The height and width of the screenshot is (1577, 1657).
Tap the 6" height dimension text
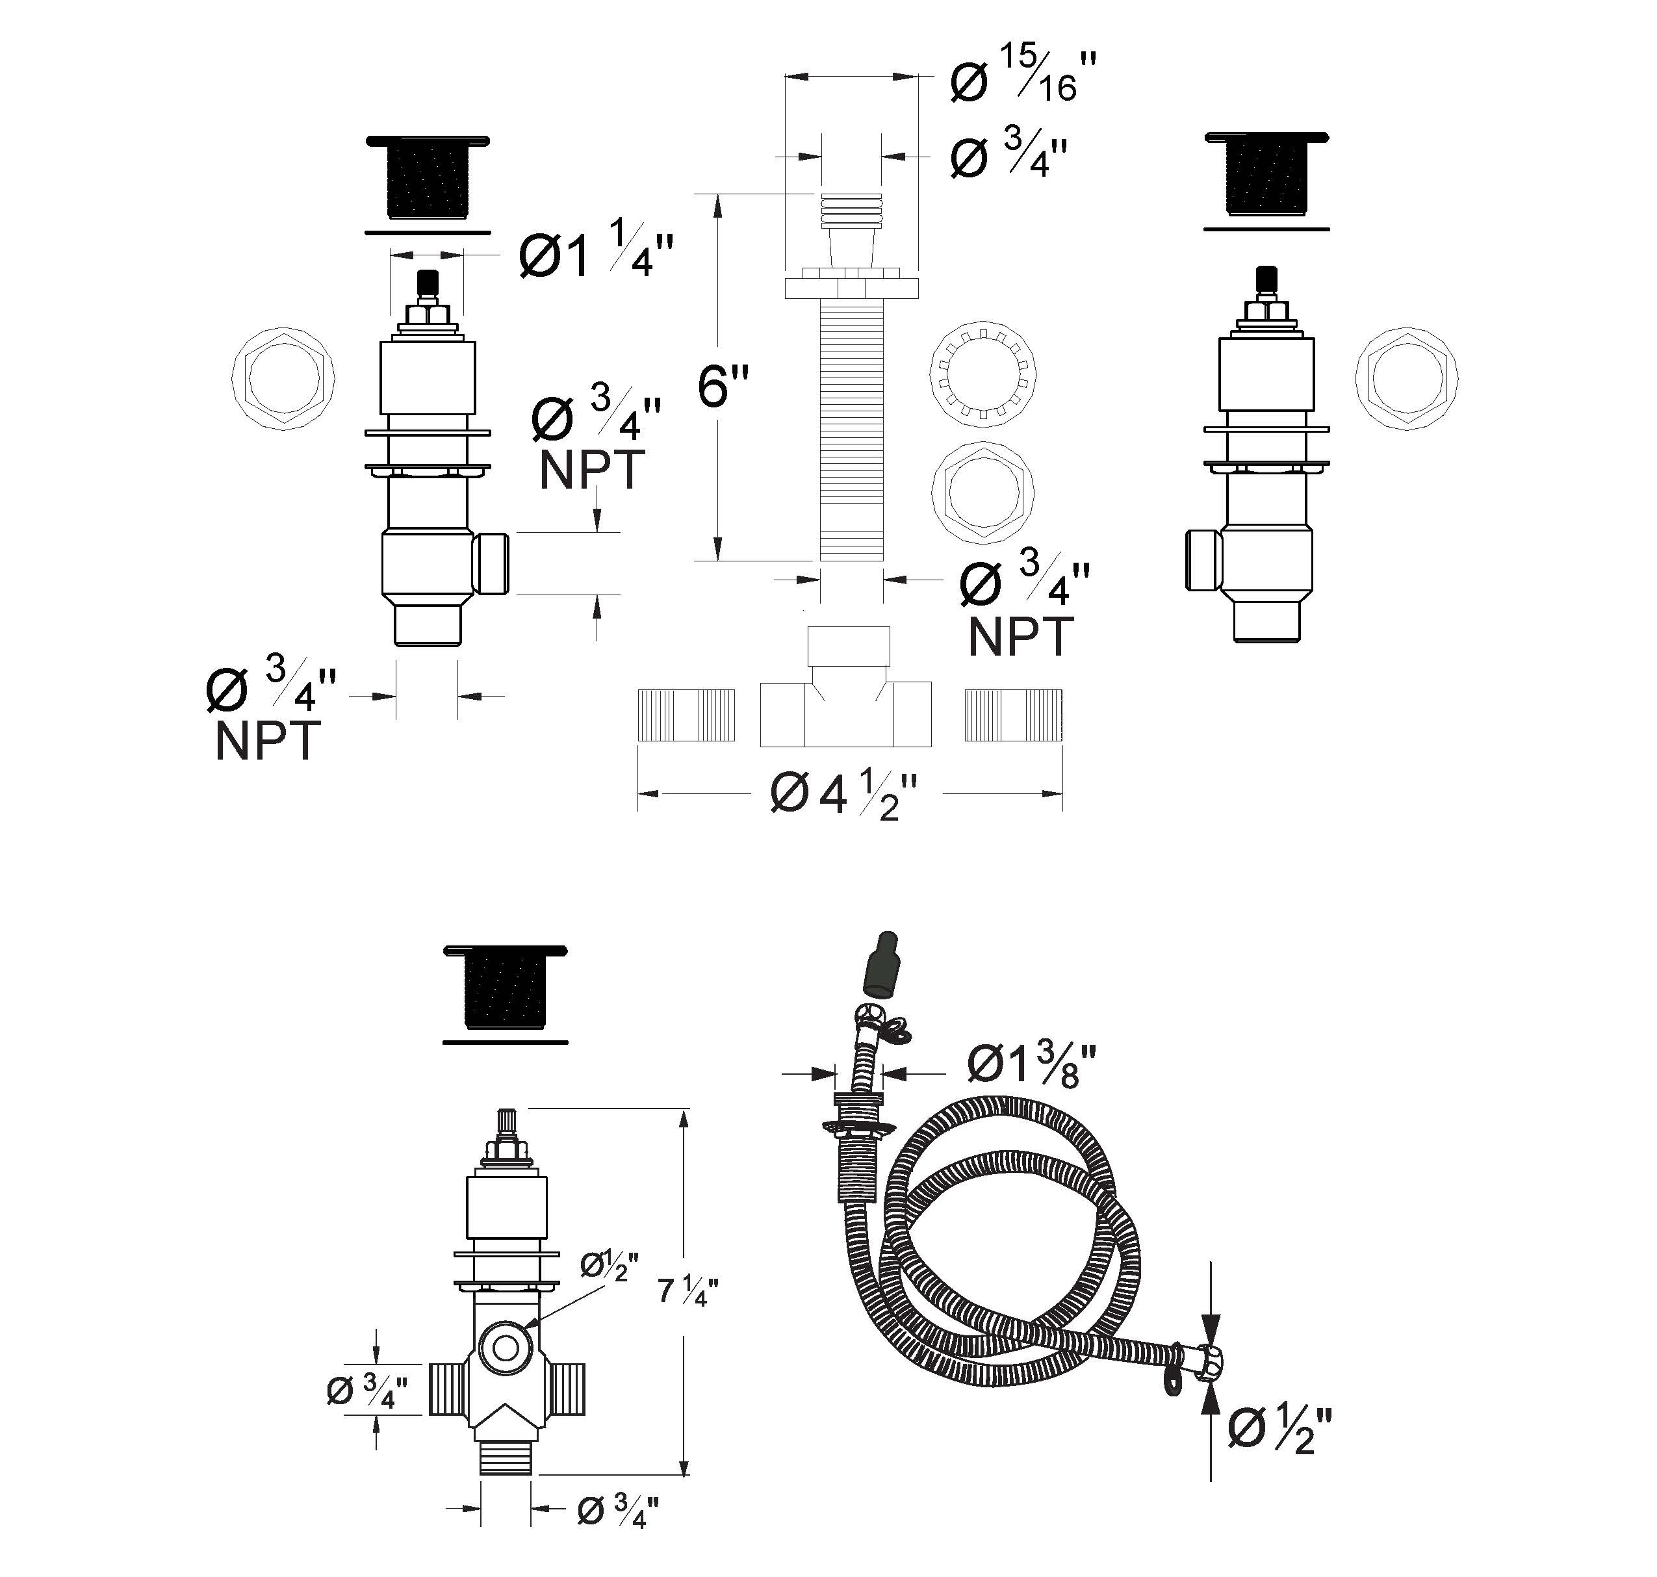[x=723, y=386]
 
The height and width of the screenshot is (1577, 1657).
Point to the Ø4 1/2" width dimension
[x=843, y=795]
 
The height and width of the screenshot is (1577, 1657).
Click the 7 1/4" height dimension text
[x=687, y=1290]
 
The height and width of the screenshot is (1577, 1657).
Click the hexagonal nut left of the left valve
[x=283, y=378]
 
